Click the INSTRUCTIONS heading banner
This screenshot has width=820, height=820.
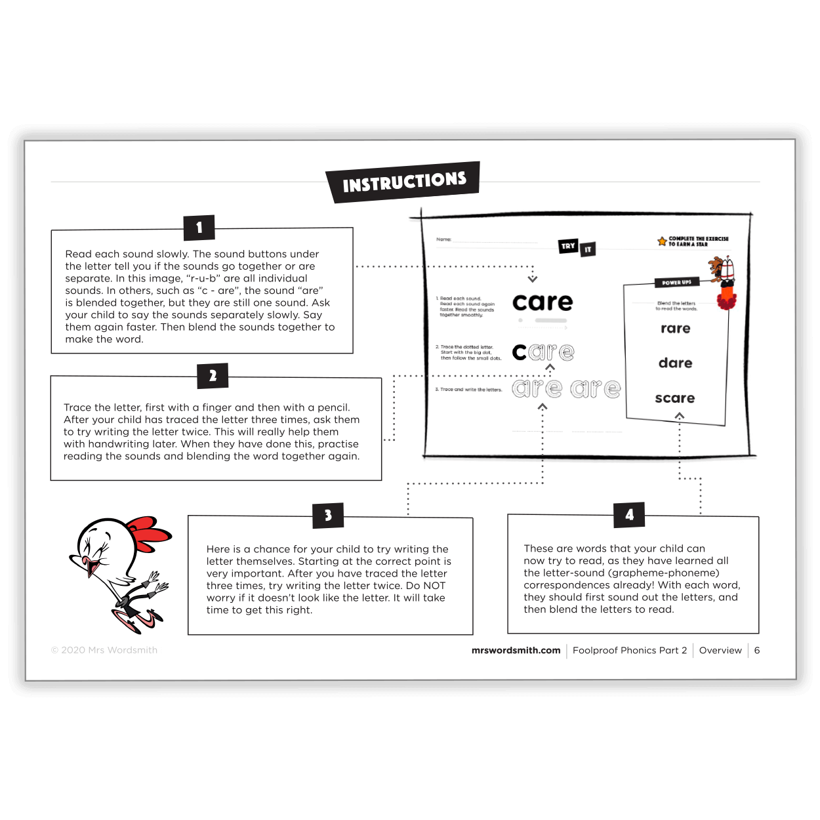pos(403,182)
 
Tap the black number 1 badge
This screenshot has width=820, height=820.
pos(199,228)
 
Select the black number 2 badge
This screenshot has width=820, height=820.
pos(213,376)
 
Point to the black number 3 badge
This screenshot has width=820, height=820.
pos(328,516)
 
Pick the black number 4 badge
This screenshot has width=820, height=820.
pos(629,515)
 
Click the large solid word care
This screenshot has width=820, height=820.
pos(542,302)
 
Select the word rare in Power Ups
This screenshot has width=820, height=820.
pos(675,329)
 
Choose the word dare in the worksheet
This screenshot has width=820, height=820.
pos(675,363)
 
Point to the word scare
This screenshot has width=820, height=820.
pos(674,398)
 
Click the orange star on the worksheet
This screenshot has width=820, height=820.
pos(662,241)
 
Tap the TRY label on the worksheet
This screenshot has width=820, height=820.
pos(568,246)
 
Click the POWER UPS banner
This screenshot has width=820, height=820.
pos(676,283)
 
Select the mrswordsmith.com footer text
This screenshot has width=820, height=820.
pos(516,650)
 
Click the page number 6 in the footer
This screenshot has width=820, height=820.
pos(757,650)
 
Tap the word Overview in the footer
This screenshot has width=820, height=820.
pos(720,650)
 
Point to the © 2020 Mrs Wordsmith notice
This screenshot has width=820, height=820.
pos(104,650)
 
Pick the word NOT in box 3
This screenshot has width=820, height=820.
pos(434,586)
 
